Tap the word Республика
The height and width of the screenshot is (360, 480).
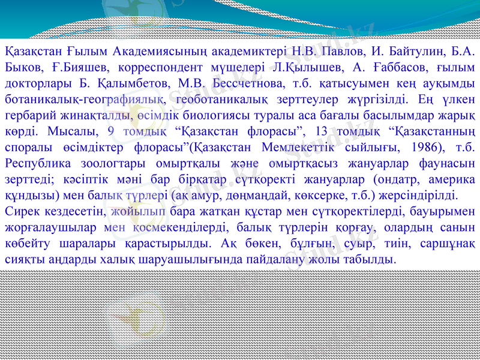[35, 163]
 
